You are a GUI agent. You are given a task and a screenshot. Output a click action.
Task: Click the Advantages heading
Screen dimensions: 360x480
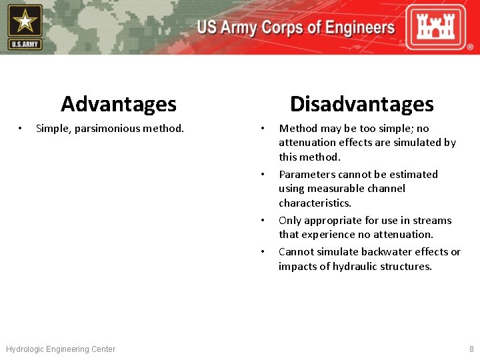pyautogui.click(x=119, y=104)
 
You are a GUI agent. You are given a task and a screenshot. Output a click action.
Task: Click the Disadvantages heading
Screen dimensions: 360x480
pyautogui.click(x=361, y=104)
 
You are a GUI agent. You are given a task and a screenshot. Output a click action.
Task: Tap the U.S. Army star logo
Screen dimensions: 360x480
pyautogui.click(x=25, y=26)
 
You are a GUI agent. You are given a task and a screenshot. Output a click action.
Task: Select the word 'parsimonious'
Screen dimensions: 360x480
pyautogui.click(x=105, y=128)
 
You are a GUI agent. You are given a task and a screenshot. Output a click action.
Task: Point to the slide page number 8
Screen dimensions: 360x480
pyautogui.click(x=471, y=349)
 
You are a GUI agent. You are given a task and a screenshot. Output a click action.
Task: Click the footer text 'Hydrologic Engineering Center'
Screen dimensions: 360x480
pyautogui.click(x=61, y=349)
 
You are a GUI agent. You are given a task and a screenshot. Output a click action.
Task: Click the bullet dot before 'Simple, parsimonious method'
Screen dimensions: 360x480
pyautogui.click(x=21, y=128)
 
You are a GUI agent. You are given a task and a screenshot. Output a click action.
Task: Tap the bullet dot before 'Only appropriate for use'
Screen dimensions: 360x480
pyautogui.click(x=264, y=220)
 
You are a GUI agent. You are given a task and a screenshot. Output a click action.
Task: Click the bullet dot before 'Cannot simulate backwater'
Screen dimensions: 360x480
pyautogui.click(x=264, y=251)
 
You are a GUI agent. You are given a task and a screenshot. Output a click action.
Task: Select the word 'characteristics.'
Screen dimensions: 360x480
pyautogui.click(x=315, y=203)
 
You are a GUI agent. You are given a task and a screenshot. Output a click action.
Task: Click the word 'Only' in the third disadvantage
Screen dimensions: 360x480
pyautogui.click(x=289, y=220)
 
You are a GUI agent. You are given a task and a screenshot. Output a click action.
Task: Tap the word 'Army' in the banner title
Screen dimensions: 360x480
pyautogui.click(x=239, y=28)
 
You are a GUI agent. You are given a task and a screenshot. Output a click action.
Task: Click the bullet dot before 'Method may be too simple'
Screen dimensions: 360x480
pyautogui.click(x=264, y=128)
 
